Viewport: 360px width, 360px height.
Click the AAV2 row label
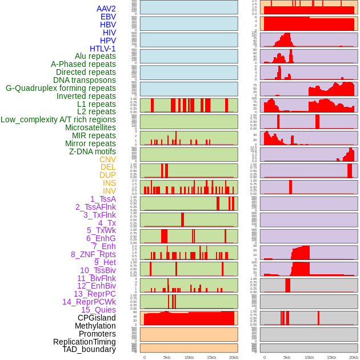tap(106, 9)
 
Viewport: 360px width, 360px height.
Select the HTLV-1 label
tap(103, 49)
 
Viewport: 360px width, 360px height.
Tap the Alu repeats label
tap(95, 56)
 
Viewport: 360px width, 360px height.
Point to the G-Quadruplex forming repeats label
tap(61, 88)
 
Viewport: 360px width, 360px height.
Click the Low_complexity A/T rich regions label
tap(58, 119)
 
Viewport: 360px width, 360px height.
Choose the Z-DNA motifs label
tap(93, 151)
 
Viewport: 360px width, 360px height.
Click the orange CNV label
tap(107, 159)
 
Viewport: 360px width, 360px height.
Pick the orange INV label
tap(109, 191)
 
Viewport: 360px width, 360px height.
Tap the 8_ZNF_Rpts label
tap(93, 254)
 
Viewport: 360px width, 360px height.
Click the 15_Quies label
tap(98, 310)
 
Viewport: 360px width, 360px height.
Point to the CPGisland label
tap(97, 318)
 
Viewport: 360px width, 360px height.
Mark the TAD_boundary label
tap(89, 349)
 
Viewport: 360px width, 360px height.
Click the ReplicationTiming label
tap(84, 342)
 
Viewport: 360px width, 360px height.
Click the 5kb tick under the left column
tap(167, 357)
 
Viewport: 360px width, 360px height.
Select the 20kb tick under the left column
tap(234, 357)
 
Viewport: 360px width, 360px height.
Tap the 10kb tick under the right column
tap(309, 357)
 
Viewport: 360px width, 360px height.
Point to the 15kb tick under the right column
tap(331, 357)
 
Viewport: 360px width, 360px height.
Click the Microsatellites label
tap(90, 127)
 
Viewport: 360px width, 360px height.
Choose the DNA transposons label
tap(85, 80)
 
